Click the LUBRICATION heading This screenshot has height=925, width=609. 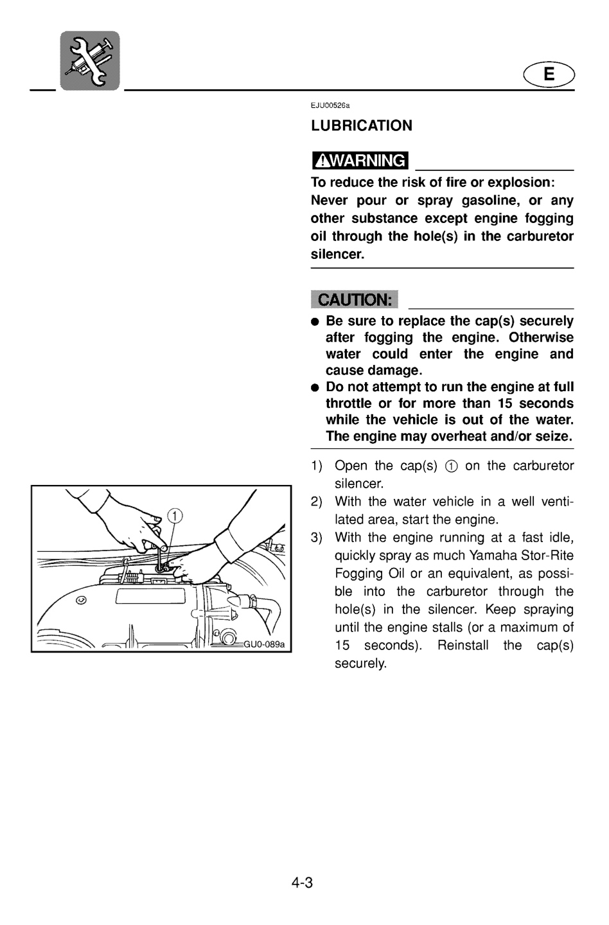click(362, 125)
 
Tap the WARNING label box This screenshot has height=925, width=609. click(360, 160)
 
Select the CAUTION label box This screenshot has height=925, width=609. click(354, 299)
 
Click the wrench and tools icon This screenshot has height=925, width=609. click(90, 60)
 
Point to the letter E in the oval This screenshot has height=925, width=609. click(549, 75)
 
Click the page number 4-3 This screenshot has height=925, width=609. click(302, 883)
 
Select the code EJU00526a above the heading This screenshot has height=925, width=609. click(330, 105)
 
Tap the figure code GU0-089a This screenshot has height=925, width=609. click(264, 644)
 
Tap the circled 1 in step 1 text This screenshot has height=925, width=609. click(451, 466)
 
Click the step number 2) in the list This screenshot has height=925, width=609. click(316, 502)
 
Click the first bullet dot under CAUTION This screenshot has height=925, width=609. click(315, 322)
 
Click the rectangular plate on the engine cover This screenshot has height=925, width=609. click(150, 597)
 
